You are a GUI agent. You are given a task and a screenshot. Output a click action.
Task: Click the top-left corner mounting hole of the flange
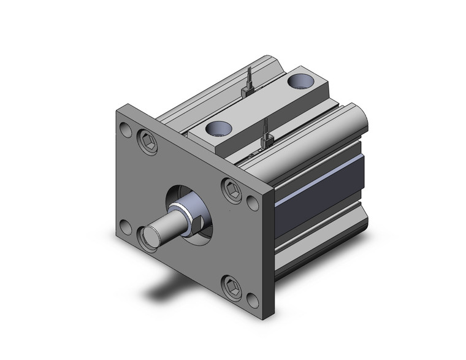click(x=125, y=130)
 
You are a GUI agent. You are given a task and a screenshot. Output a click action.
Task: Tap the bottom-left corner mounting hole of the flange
click(x=125, y=228)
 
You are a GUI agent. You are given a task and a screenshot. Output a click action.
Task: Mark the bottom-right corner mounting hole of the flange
click(x=252, y=301)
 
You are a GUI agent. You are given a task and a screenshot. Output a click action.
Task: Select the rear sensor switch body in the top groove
click(x=248, y=91)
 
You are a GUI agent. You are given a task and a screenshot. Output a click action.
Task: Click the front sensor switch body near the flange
click(x=267, y=142)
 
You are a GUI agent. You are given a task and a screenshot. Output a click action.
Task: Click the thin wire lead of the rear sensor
click(x=250, y=77)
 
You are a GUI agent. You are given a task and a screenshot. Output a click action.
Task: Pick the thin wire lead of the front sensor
click(x=265, y=128)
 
